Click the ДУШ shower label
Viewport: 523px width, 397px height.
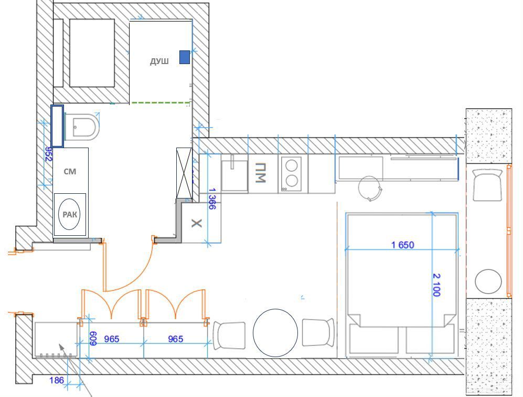(x=159, y=61)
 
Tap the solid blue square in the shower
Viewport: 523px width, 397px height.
(x=185, y=57)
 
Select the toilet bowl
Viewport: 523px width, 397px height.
(x=82, y=127)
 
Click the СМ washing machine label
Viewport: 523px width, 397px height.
(x=70, y=171)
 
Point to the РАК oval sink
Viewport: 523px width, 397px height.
(x=69, y=214)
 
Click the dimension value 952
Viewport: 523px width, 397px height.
(x=49, y=154)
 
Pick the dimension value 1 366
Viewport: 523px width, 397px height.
(x=212, y=198)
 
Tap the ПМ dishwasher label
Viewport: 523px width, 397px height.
(x=260, y=173)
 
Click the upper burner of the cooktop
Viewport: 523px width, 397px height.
(x=292, y=165)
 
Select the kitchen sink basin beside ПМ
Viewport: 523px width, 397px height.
(x=234, y=175)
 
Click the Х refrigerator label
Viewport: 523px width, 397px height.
(x=197, y=223)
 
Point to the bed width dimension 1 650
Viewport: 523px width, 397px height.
(x=402, y=245)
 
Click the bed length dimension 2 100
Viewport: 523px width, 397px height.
(x=436, y=285)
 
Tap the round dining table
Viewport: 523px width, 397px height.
(x=275, y=333)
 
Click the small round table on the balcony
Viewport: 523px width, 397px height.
(x=488, y=282)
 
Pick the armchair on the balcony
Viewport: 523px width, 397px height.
(x=487, y=185)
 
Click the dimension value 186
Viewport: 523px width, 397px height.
(x=56, y=380)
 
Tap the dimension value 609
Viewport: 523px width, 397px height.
(x=93, y=338)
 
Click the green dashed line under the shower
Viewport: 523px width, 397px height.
(x=161, y=102)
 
